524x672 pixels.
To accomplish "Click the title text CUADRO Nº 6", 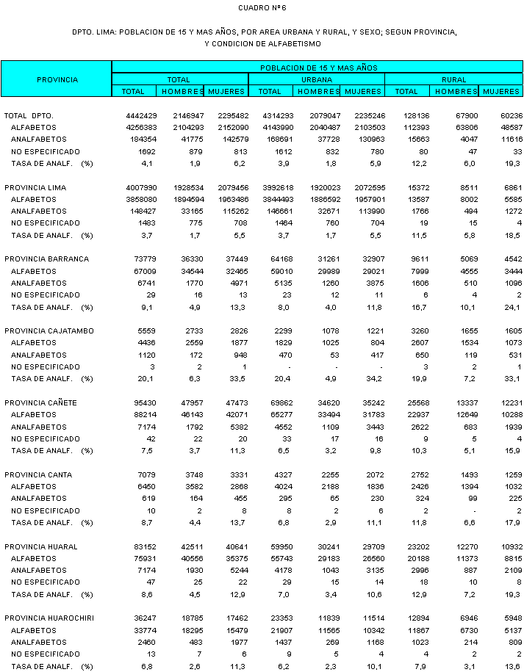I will pos(262,8).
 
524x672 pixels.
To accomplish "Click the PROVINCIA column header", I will pos(57,79).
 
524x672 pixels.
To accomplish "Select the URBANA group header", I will pos(316,79).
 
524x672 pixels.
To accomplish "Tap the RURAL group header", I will pos(453,79).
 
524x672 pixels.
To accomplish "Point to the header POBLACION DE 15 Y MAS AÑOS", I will pos(316,68).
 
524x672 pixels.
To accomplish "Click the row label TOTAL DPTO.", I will pos(29,116).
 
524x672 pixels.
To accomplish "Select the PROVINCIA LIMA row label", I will pos(35,188).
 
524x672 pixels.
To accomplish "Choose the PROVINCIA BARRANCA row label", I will pos(46,259).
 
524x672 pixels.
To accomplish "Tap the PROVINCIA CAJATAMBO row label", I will pos(49,331).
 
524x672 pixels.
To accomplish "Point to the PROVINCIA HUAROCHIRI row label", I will pos(49,618).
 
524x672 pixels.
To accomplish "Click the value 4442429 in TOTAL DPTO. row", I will pos(141,116).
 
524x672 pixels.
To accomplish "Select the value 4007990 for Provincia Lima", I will pos(141,188).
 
